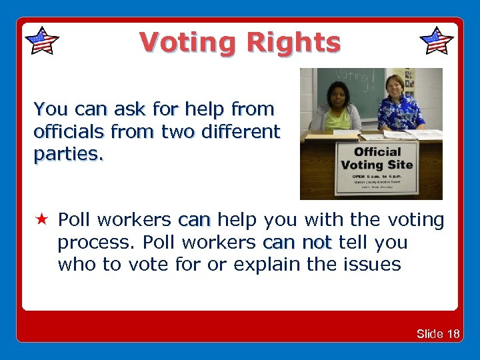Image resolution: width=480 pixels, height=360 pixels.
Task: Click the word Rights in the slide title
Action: click(293, 43)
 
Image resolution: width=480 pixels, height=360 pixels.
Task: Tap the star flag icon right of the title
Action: click(437, 41)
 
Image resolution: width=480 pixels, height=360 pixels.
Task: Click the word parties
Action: click(69, 155)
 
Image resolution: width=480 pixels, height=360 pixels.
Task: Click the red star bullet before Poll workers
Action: click(41, 219)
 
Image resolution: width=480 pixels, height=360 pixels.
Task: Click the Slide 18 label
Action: click(437, 333)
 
